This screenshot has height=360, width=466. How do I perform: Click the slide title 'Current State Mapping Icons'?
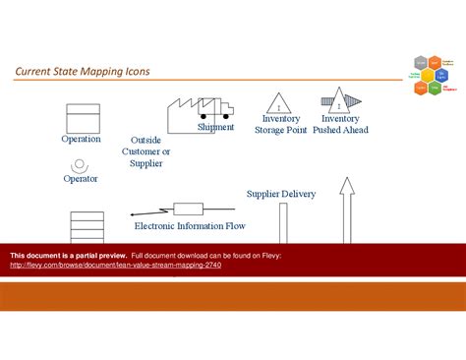(x=82, y=72)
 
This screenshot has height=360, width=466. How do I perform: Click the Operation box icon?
(x=81, y=118)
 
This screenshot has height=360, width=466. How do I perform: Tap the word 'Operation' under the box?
(x=81, y=139)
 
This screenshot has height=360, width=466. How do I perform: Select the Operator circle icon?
(x=81, y=162)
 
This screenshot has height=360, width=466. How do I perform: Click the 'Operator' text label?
(x=81, y=178)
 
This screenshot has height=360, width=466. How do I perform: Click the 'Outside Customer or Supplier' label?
(x=146, y=151)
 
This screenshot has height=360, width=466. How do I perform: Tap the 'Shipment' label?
(x=215, y=127)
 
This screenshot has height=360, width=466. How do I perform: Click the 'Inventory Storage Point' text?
(x=281, y=124)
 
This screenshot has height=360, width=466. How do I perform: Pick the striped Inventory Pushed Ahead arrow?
(x=340, y=101)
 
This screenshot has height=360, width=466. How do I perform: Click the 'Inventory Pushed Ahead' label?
(x=340, y=124)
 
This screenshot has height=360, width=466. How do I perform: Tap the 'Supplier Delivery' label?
(x=281, y=194)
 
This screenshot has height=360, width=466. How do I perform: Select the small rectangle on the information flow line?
(x=189, y=210)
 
